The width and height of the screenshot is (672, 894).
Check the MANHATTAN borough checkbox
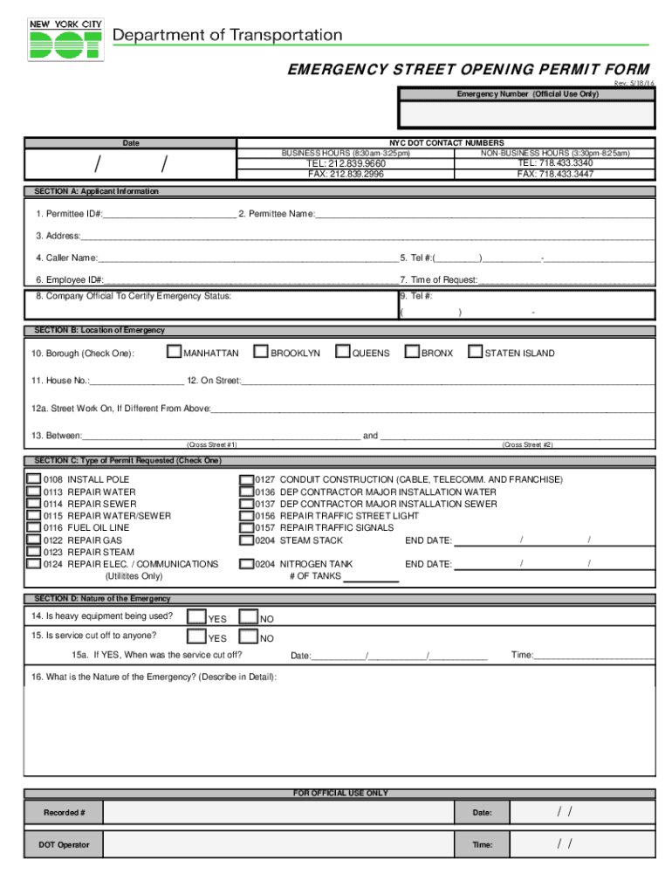pos(174,353)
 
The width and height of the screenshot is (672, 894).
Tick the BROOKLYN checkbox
pos(260,353)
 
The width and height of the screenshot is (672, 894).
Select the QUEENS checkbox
pos(342,353)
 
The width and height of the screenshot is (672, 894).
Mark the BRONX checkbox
pos(411,353)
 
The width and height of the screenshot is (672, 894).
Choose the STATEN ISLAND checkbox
pos(475,353)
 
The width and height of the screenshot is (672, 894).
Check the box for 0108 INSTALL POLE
pos(33,479)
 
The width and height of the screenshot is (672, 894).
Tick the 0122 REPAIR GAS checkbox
pos(33,540)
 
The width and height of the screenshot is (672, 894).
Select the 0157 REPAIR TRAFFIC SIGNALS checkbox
pos(246,528)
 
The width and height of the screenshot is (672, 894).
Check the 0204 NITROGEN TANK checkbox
pos(246,564)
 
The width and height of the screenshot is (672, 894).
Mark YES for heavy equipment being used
pos(196,618)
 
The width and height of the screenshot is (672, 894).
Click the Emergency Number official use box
pos(527,114)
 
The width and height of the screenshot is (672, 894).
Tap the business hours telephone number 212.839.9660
pos(345,163)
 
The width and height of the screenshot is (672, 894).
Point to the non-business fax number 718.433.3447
pos(555,174)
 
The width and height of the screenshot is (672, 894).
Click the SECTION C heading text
pos(127,460)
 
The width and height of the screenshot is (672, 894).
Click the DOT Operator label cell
pos(64,844)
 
